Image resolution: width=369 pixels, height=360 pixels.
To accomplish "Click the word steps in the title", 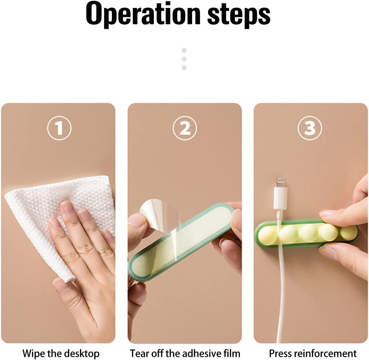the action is coord(239,15).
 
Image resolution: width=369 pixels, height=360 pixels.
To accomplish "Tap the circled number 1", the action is coord(59,128).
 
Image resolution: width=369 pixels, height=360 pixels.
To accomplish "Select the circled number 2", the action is coord(185,128).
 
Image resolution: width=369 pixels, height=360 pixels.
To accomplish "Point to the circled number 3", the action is coord(310,128).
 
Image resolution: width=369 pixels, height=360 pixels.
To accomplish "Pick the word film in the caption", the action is coord(231,354).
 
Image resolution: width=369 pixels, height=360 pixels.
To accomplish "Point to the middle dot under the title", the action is coord(184,59).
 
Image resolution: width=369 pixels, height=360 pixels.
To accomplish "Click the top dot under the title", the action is coord(184,50).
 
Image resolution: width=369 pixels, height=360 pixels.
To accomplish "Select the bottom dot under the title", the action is coord(184,68).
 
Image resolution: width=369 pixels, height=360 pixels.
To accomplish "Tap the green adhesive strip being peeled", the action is coord(182,241).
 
